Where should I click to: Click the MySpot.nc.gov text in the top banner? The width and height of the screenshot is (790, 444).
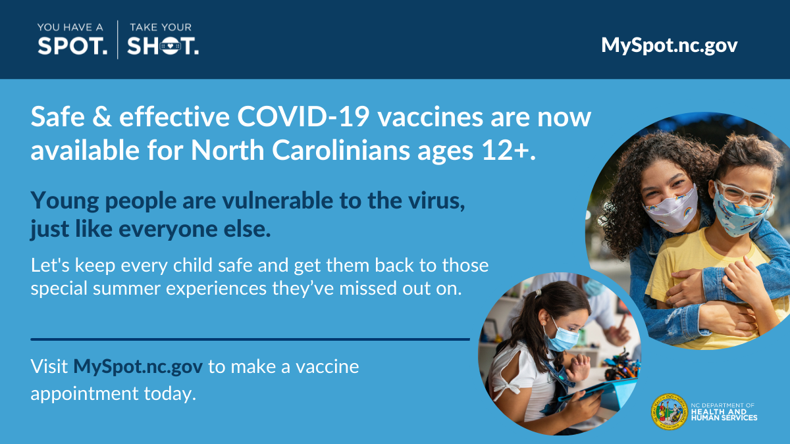[670, 46]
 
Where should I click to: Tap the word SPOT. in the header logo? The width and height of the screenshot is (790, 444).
[72, 46]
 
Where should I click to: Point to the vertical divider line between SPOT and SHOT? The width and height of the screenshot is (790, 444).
[118, 39]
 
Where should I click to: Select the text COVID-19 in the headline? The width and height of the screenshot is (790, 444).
[303, 116]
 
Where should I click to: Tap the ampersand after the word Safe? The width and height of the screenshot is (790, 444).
[102, 116]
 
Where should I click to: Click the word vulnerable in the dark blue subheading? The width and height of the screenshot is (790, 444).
[278, 201]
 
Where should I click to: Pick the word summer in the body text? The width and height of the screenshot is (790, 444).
[126, 289]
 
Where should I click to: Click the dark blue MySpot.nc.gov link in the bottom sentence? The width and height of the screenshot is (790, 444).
[138, 367]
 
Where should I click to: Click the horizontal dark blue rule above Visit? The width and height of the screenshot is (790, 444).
[250, 339]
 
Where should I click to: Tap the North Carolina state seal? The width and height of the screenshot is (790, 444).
[670, 412]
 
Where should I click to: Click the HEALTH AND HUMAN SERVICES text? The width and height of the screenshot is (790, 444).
[724, 415]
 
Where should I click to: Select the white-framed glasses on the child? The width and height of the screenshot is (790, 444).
[744, 194]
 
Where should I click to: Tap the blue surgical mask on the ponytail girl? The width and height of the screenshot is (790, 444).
[562, 337]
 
